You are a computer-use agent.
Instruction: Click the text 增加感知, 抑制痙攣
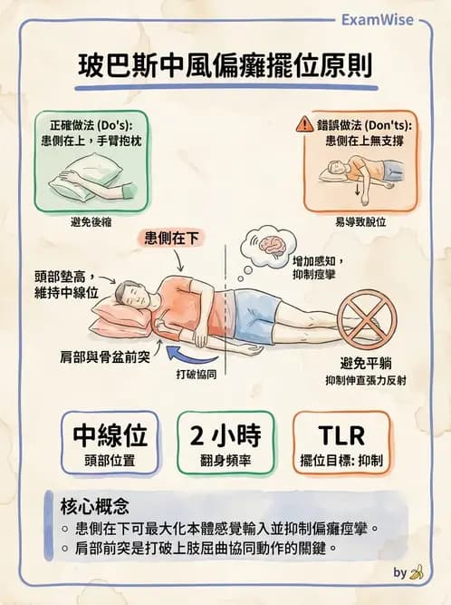(x=316, y=268)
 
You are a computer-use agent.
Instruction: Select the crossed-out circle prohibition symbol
(x=367, y=317)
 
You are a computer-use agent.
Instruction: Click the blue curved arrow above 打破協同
(x=196, y=348)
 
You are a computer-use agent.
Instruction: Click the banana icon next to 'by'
(x=417, y=572)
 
